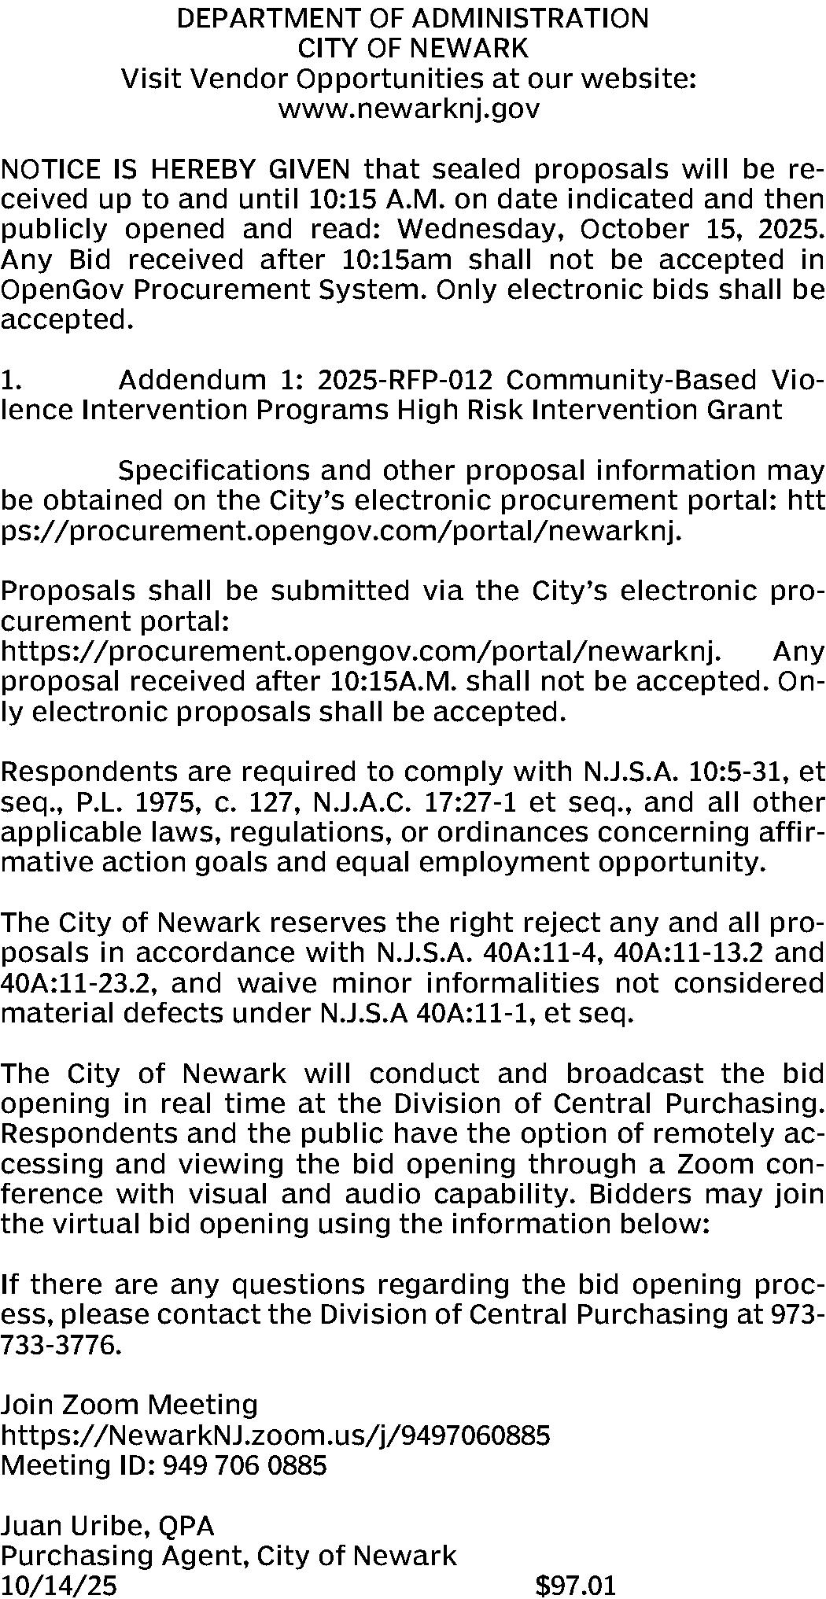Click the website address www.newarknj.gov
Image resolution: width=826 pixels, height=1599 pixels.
[x=409, y=109]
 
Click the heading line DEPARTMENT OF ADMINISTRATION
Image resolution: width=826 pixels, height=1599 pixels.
[x=413, y=18]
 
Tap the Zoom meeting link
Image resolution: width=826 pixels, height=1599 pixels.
[x=275, y=1435]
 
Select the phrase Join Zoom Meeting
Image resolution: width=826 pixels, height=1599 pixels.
[x=129, y=1405]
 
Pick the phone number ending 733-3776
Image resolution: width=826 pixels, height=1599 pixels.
[x=61, y=1346]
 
